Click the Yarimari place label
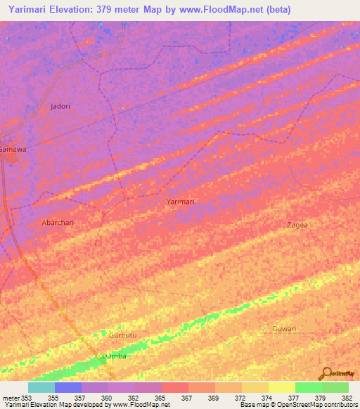180,202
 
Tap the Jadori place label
61,106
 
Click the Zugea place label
297,225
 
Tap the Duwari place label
284,329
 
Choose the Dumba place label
114,356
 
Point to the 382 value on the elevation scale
347,398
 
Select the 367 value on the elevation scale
186,398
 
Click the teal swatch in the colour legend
41,387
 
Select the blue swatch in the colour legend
67,387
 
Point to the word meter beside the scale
11,398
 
